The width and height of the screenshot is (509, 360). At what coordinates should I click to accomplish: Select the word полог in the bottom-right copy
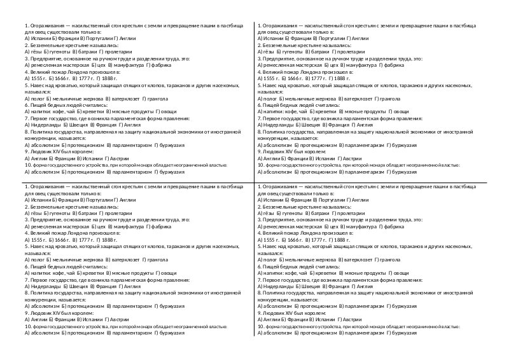tap(271, 260)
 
